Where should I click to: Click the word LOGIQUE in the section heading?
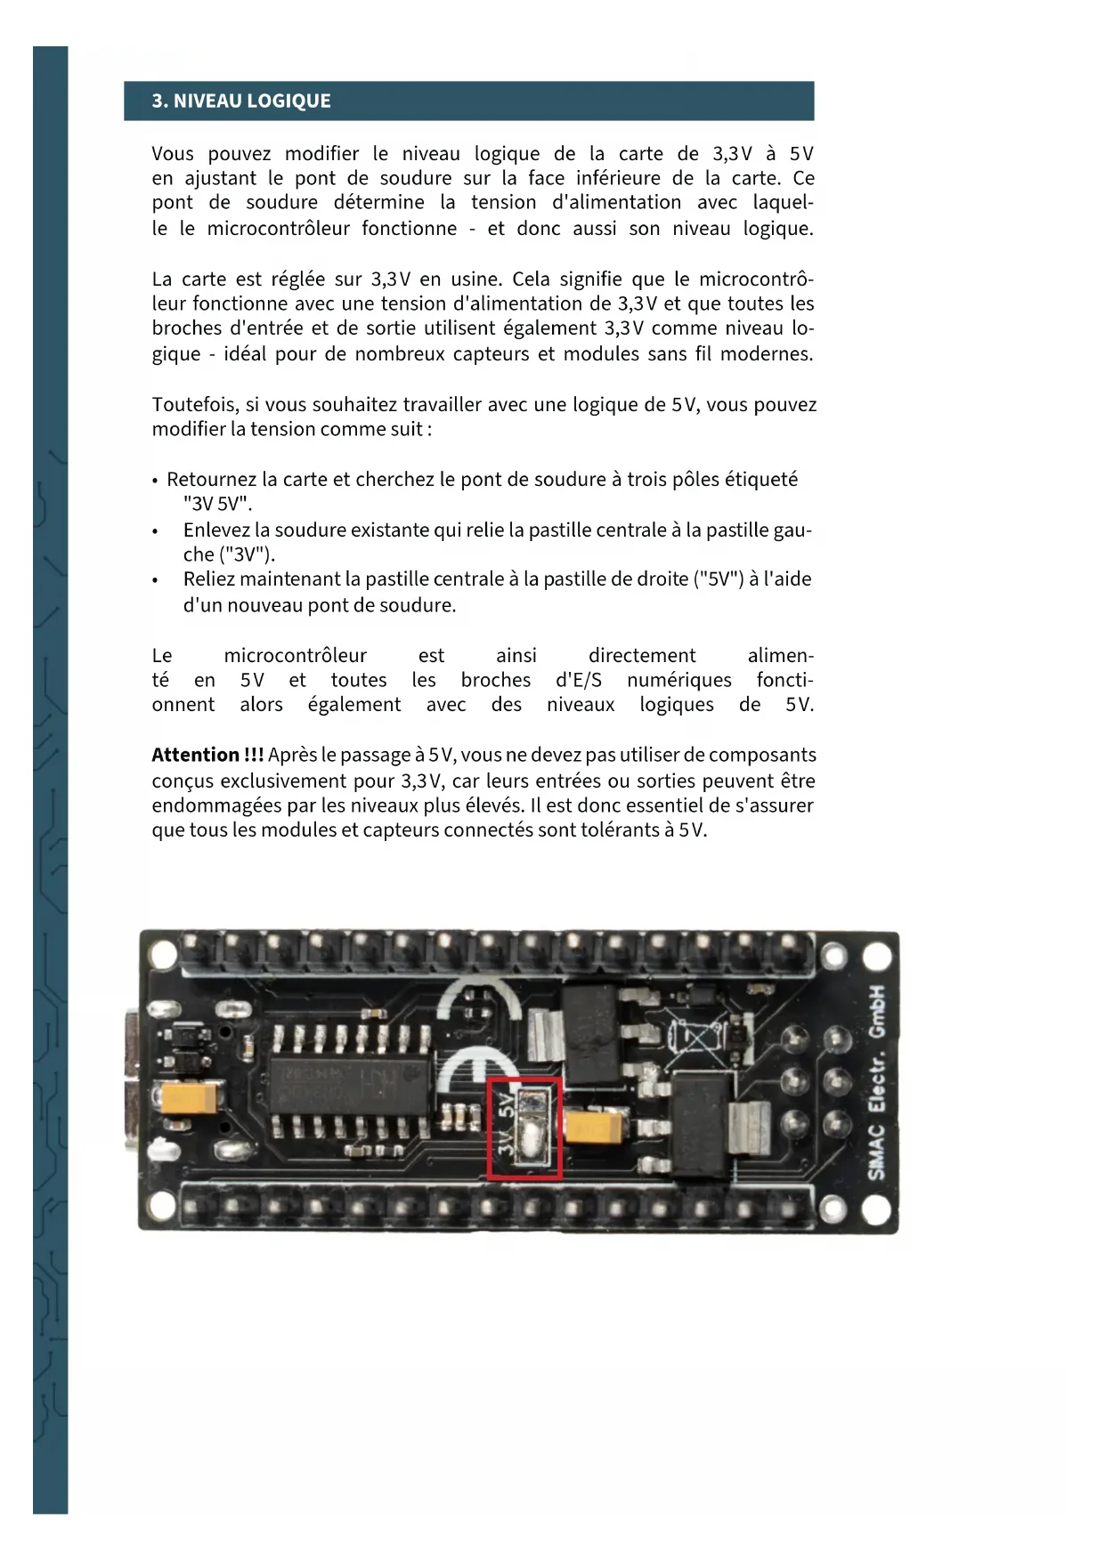[x=288, y=101]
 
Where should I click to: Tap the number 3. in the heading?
[x=160, y=101]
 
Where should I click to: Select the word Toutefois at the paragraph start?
[x=194, y=405]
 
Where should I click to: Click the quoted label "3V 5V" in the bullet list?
[x=217, y=505]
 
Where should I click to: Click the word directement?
[x=642, y=656]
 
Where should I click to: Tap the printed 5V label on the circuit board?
[x=506, y=1106]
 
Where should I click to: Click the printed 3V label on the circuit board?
[x=506, y=1144]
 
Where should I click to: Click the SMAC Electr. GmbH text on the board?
[x=876, y=1082]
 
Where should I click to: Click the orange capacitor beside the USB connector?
[x=189, y=1098]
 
